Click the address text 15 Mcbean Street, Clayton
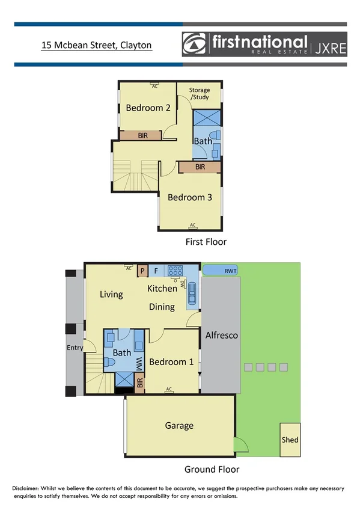click(x=96, y=45)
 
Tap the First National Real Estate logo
click(x=264, y=44)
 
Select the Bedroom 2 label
click(x=148, y=108)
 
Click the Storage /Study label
click(x=200, y=93)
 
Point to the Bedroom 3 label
click(x=190, y=197)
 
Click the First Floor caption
click(x=206, y=242)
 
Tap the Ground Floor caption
click(x=212, y=470)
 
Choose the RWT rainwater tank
click(x=220, y=271)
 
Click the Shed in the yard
click(x=290, y=440)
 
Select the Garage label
click(x=179, y=426)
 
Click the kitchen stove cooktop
click(x=175, y=271)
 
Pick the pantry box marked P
click(x=142, y=271)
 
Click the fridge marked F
click(x=156, y=271)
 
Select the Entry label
click(x=75, y=348)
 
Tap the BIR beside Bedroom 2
click(x=142, y=136)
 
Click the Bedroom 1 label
click(x=171, y=362)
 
